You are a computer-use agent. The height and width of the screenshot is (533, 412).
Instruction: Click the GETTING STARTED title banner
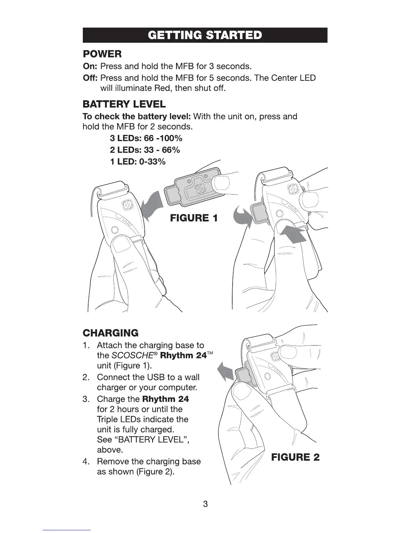tap(205, 35)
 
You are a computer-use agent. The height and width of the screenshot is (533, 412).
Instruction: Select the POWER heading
tap(102, 54)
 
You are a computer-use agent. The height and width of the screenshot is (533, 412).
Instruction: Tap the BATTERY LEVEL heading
tap(124, 104)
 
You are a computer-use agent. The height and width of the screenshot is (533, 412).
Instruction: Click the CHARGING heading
tap(110, 333)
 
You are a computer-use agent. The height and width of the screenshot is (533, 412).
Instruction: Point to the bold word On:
tap(90, 66)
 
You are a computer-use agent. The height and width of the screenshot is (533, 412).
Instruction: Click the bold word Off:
tap(90, 78)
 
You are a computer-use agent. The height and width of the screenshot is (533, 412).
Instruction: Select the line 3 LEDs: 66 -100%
tap(146, 138)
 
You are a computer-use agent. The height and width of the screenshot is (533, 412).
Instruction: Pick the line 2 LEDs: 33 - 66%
tap(145, 150)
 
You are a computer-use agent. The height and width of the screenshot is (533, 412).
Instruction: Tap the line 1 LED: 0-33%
tap(138, 162)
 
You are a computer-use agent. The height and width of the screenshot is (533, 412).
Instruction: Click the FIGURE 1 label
tap(194, 218)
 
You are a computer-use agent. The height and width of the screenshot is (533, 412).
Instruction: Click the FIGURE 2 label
tap(295, 457)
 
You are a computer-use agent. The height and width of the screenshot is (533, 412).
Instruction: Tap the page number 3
tap(205, 504)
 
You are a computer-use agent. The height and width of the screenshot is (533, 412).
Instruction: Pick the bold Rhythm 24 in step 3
tap(166, 399)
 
